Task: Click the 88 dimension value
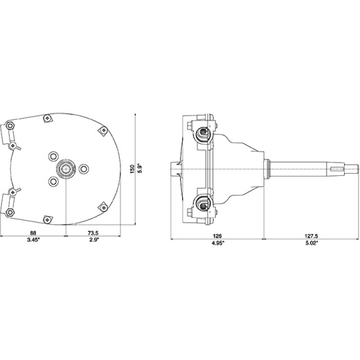[33, 233]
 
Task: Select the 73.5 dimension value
[93, 233]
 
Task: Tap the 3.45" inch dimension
[33, 240]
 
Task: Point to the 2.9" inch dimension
[94, 240]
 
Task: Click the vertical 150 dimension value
[132, 169]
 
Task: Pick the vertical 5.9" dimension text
[140, 169]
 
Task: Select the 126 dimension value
[217, 236]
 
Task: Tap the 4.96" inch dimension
[218, 243]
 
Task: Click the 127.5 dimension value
[312, 236]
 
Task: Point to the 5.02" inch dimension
[312, 243]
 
